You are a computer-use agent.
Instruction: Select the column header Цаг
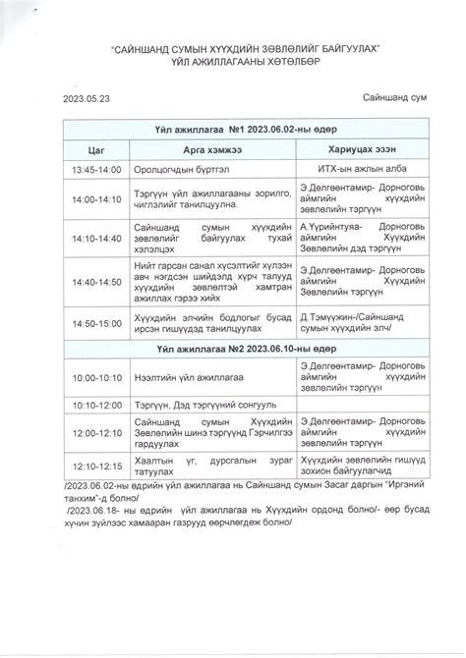click(x=95, y=149)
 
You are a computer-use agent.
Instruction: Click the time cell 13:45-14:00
click(x=95, y=170)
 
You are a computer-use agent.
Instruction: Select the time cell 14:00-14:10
click(x=95, y=199)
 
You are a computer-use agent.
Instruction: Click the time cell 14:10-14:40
click(x=95, y=238)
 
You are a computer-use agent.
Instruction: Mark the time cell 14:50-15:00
click(x=95, y=322)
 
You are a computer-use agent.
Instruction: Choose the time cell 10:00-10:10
click(x=95, y=378)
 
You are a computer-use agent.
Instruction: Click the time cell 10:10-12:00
click(x=95, y=404)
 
